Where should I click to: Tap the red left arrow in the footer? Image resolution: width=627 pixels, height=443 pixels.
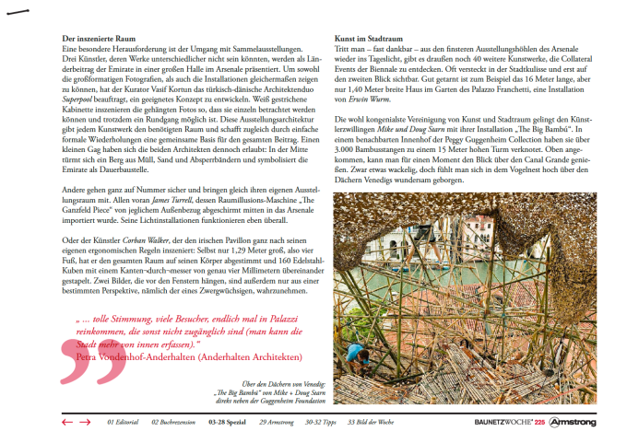coord(66,422)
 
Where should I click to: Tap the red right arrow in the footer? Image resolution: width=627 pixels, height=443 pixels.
coord(85,422)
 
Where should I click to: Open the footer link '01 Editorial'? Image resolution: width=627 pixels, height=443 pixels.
coord(122,422)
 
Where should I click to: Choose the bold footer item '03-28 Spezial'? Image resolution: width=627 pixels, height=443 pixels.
coord(226,422)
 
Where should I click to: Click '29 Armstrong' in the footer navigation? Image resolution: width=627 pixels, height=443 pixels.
coord(276,422)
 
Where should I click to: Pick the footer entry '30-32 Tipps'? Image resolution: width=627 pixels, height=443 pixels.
coord(322,422)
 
